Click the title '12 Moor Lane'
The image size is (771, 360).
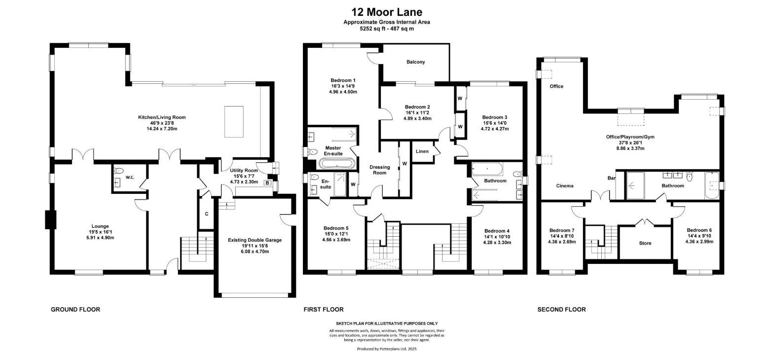click(387, 12)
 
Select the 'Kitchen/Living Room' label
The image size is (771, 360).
click(162, 117)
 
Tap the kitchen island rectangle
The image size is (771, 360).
click(234, 121)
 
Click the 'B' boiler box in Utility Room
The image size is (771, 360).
click(267, 183)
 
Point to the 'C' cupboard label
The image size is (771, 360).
click(206, 214)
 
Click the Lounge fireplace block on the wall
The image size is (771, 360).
click(49, 220)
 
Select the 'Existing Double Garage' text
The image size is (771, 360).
click(255, 240)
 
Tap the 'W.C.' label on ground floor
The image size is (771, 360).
click(130, 177)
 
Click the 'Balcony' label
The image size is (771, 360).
click(415, 62)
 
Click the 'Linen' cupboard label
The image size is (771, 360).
click(422, 151)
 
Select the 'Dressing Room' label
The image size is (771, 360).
click(379, 170)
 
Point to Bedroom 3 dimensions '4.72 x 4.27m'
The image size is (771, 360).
click(495, 129)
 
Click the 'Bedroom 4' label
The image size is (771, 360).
click(497, 231)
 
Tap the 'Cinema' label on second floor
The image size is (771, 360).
click(565, 186)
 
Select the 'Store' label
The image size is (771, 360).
click(645, 243)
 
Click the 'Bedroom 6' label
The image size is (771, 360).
click(699, 230)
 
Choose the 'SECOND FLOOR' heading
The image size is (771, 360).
click(561, 310)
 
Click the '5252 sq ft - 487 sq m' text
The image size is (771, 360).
click(387, 29)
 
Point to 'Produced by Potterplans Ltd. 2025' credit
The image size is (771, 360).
click(387, 349)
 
